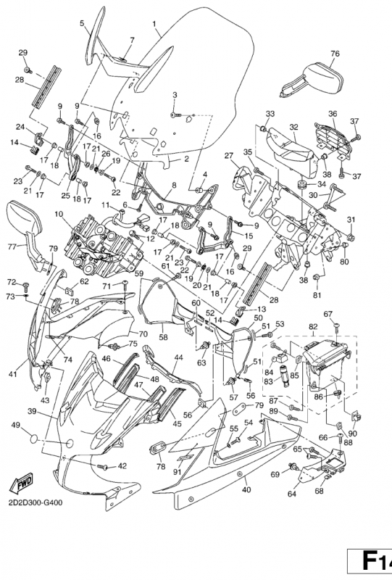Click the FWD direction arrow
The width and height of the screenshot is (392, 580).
21,483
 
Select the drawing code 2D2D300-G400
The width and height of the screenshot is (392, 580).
34,502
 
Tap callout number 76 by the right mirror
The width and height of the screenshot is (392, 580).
335,54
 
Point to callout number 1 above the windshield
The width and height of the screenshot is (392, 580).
154,24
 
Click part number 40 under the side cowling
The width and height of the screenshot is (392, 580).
246,490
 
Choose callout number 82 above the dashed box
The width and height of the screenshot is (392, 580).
313,326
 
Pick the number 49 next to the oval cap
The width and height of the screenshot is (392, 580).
15,425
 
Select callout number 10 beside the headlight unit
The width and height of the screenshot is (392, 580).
59,214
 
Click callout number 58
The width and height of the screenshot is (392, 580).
163,337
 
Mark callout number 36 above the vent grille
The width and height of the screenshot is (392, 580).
333,114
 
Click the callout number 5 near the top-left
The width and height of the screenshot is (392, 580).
82,23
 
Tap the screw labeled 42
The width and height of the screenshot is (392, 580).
103,467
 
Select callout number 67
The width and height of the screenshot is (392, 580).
328,314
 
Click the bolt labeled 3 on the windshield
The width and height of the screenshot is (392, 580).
175,115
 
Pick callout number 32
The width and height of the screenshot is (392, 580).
294,127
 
